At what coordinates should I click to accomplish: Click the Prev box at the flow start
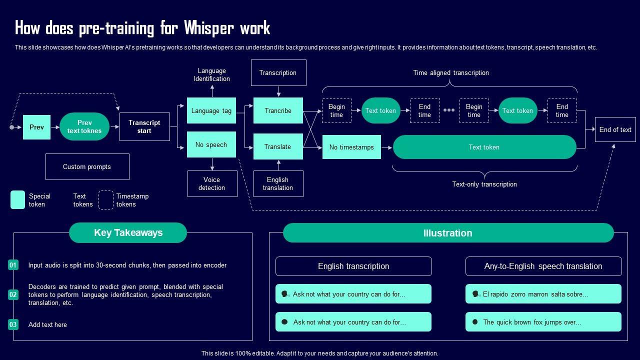click(x=36, y=127)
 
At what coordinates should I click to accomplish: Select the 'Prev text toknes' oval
click(x=84, y=126)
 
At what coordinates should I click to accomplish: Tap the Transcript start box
click(x=144, y=126)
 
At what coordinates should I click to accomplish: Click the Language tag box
click(x=211, y=110)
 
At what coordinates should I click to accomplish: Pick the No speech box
click(x=211, y=144)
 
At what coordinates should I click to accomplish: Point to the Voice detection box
click(x=212, y=183)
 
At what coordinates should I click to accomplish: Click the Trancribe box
click(x=278, y=110)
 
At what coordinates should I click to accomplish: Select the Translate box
click(x=278, y=146)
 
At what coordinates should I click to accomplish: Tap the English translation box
click(x=278, y=183)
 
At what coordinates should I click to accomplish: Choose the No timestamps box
click(x=351, y=147)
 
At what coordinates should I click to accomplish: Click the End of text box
click(x=615, y=129)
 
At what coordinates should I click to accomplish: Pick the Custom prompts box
click(x=87, y=166)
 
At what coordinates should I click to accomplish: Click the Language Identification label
click(x=212, y=74)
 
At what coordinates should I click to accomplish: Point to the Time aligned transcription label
click(x=451, y=72)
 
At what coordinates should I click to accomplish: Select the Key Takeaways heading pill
click(x=128, y=232)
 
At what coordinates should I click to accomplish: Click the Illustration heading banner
click(x=448, y=233)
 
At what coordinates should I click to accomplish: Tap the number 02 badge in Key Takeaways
click(x=13, y=294)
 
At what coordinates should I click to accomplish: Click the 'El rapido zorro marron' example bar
click(x=543, y=294)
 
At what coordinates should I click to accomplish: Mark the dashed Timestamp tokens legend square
click(x=105, y=200)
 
